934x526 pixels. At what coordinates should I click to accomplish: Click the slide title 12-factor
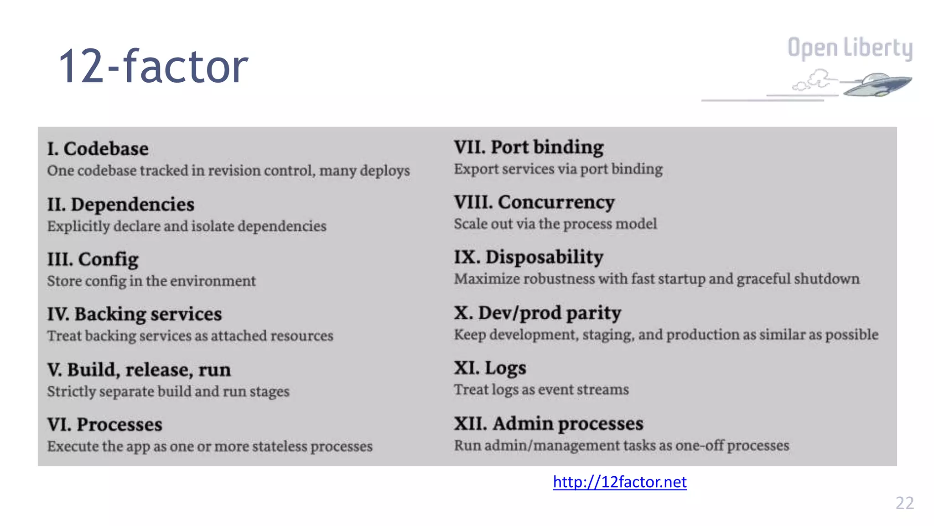tap(153, 67)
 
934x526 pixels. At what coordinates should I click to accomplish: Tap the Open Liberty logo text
tap(850, 47)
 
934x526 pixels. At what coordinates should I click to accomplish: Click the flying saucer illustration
tap(876, 85)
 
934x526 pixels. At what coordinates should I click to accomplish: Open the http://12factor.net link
tap(619, 482)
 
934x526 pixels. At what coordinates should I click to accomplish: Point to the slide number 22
tap(904, 503)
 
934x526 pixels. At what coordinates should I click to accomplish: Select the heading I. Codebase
tap(98, 149)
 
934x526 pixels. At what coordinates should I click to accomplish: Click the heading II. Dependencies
tap(121, 205)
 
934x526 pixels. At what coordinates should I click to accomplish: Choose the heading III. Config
tap(93, 259)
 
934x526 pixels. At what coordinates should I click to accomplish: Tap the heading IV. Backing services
tap(135, 314)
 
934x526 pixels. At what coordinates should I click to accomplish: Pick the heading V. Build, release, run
tap(139, 370)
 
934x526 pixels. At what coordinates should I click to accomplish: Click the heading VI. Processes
tap(105, 425)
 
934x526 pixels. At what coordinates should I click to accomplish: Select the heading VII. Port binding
tap(529, 147)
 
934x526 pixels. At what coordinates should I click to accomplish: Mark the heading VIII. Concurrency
tap(534, 202)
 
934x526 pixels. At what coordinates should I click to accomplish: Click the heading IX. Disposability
tap(529, 257)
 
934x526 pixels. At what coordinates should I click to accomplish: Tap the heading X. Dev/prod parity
tap(538, 313)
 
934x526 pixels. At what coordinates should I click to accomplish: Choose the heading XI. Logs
tap(490, 368)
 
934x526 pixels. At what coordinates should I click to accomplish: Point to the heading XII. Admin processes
tap(549, 424)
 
